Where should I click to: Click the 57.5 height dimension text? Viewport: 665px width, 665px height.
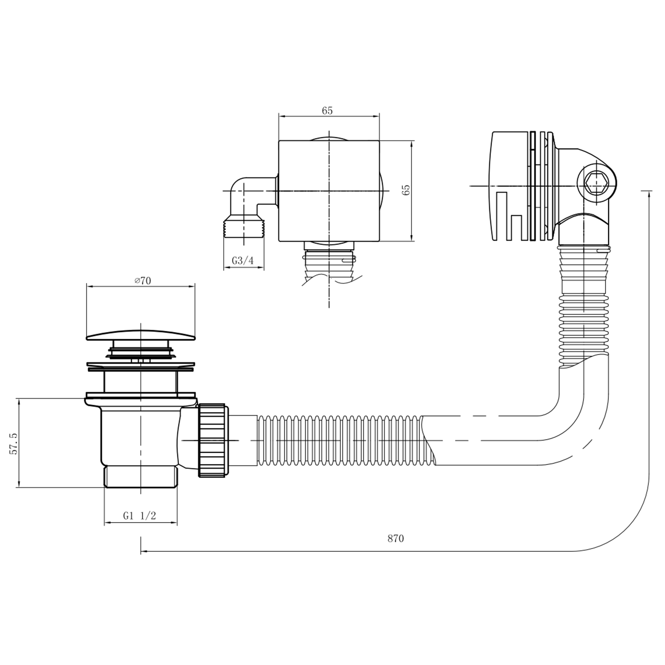pyautogui.click(x=14, y=444)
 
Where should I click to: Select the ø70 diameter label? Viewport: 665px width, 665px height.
pyautogui.click(x=143, y=281)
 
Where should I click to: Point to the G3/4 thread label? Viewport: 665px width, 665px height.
pyautogui.click(x=243, y=260)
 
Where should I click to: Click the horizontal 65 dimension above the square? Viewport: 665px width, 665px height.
pyautogui.click(x=327, y=111)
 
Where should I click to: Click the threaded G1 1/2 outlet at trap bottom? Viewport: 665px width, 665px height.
pyautogui.click(x=141, y=477)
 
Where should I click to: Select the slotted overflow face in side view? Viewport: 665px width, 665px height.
pyautogui.click(x=509, y=186)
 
